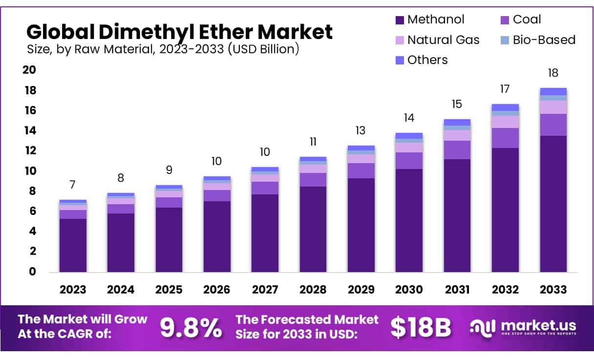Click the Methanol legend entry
point(430,20)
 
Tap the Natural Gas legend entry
point(438,40)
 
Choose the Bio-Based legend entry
point(537,40)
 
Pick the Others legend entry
point(422,60)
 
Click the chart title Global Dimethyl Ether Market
point(179,32)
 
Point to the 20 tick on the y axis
point(30,70)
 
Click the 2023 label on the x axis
point(73,289)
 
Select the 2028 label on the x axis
point(313,289)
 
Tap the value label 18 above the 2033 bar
point(553,73)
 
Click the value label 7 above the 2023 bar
point(72,185)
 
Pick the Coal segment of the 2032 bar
point(505,138)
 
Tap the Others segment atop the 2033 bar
point(553,91)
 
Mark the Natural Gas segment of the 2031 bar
point(457,135)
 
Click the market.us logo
point(523,327)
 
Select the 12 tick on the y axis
point(30,150)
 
